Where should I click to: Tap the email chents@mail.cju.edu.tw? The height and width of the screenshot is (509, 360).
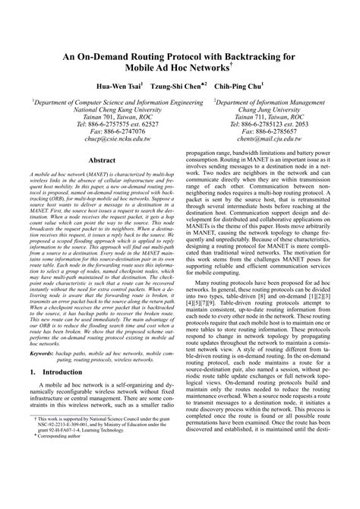point(261,138)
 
